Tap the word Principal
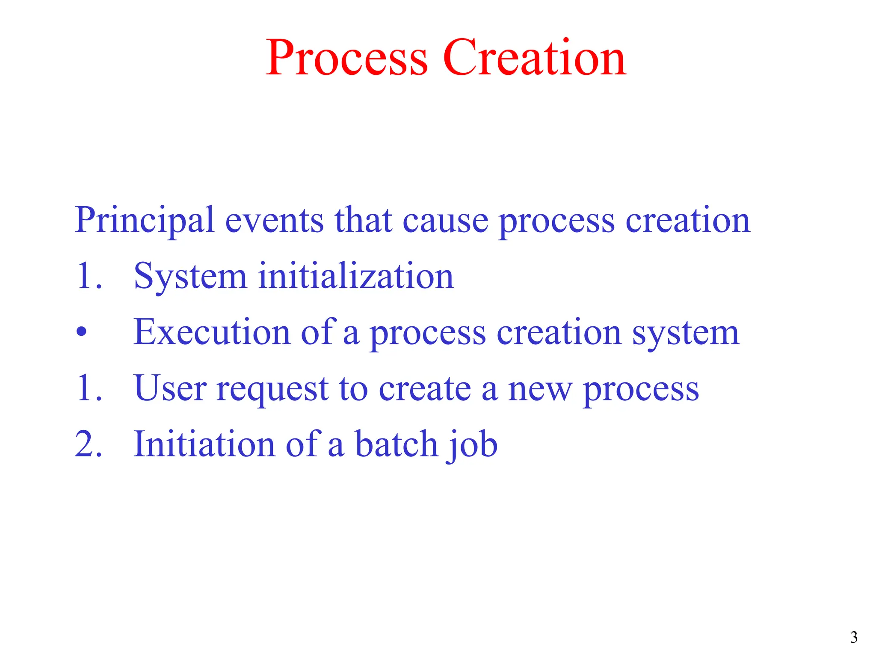click(144, 221)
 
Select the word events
click(274, 221)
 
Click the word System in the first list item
click(190, 277)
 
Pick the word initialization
click(356, 276)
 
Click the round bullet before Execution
click(81, 332)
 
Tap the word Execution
click(212, 332)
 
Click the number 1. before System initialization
click(89, 276)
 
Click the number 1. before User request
click(89, 388)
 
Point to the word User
click(170, 388)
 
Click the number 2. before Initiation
click(89, 444)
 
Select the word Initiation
click(204, 444)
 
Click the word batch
click(397, 444)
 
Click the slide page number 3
click(854, 638)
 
